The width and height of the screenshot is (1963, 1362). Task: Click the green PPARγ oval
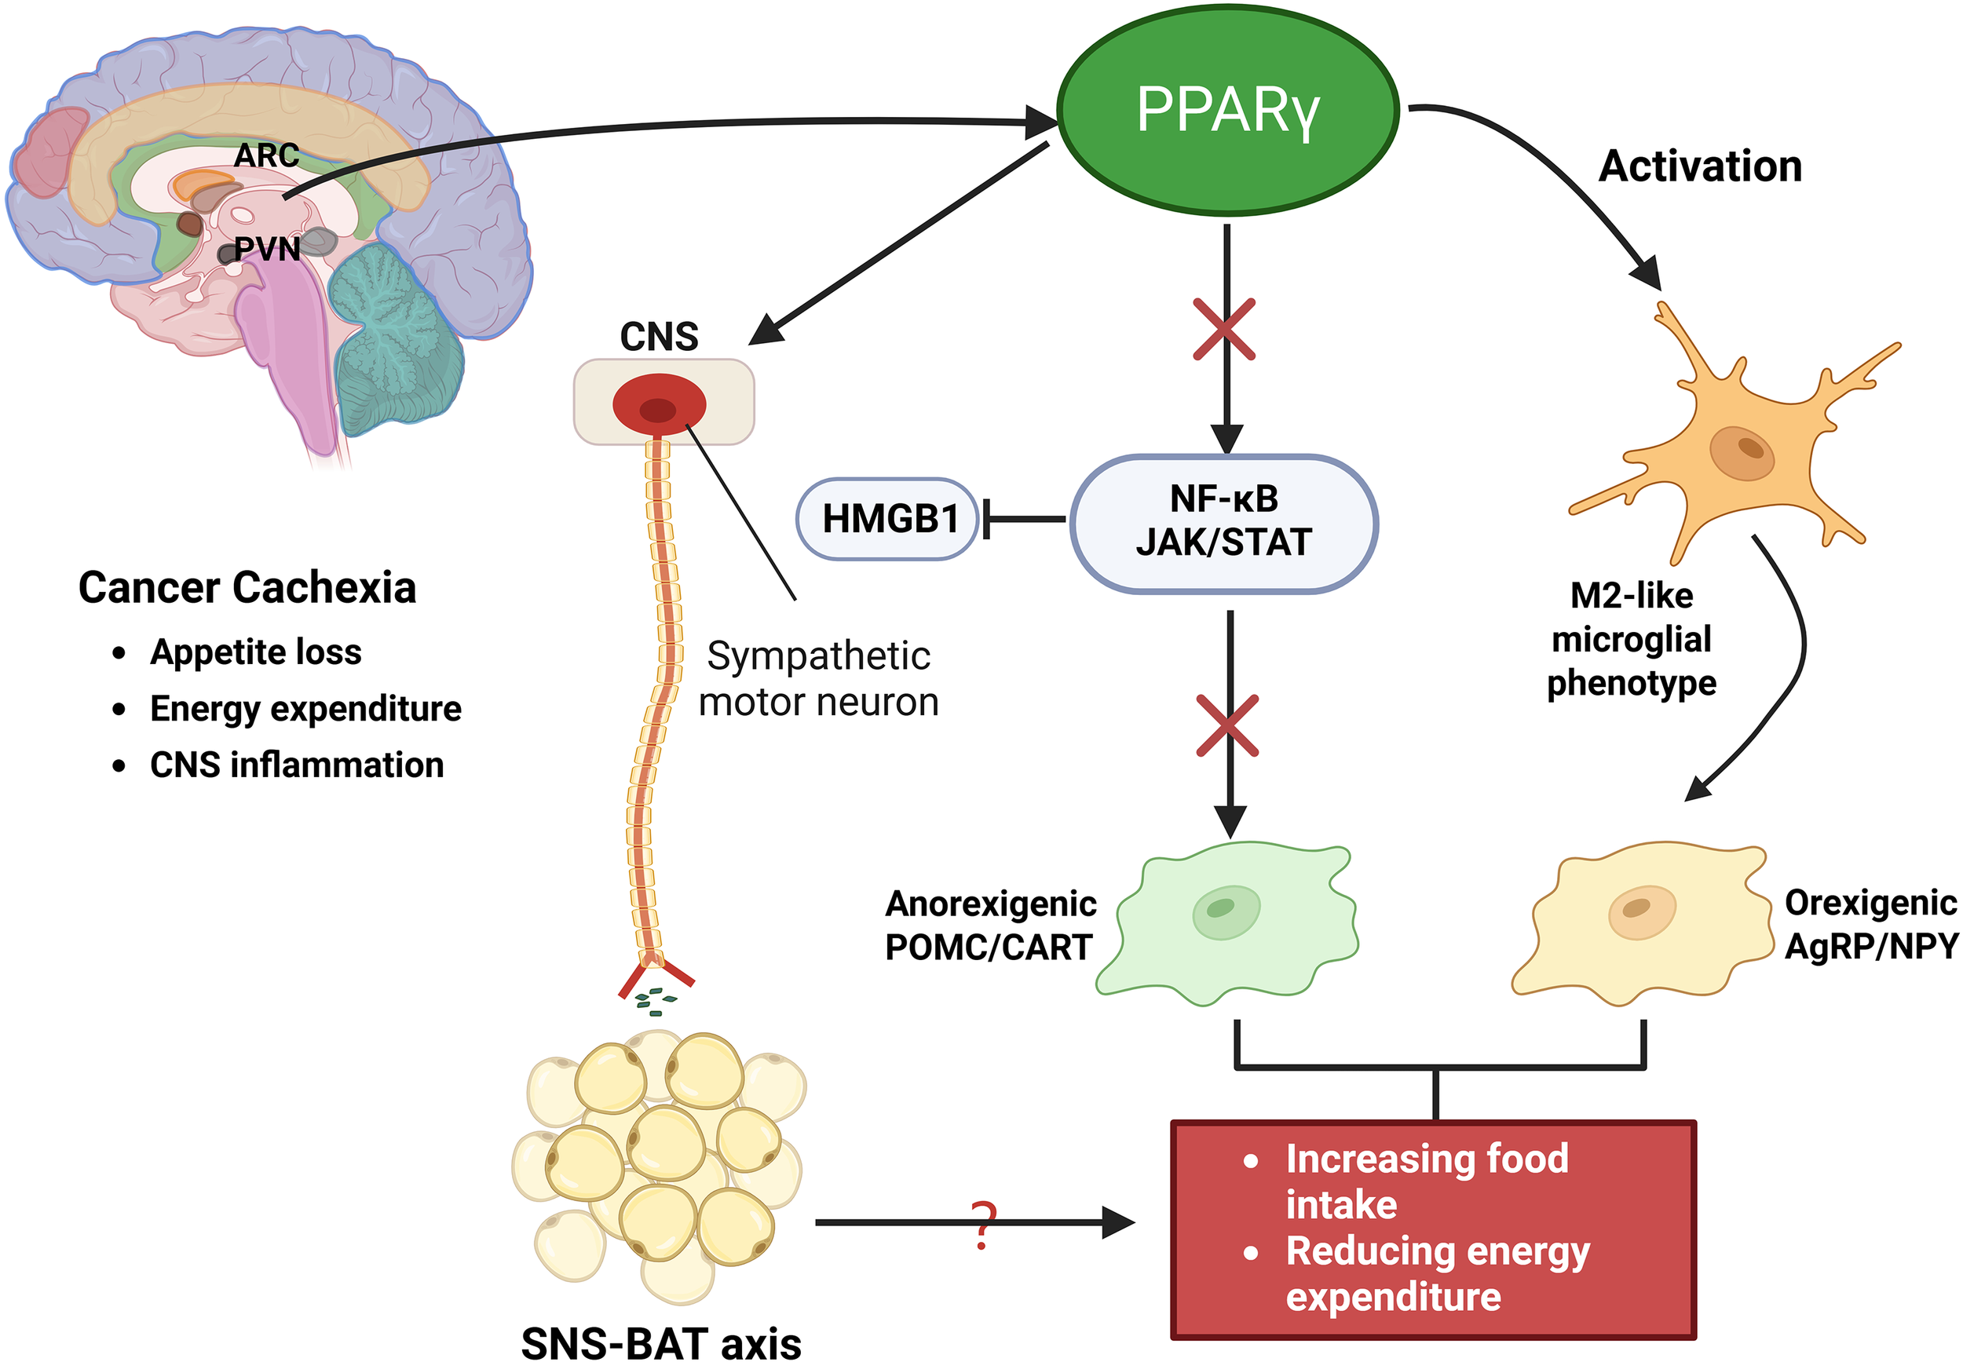(x=1227, y=109)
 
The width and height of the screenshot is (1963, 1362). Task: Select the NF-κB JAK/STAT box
(x=1223, y=522)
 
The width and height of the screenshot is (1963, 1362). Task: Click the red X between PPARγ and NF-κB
(x=1224, y=330)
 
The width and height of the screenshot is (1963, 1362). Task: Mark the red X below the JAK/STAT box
(x=1227, y=725)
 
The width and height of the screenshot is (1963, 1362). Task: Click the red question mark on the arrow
(x=983, y=1225)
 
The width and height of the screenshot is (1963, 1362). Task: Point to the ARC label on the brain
(x=266, y=156)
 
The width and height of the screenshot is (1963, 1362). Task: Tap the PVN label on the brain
(x=267, y=249)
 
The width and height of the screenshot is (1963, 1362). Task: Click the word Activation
(x=1700, y=166)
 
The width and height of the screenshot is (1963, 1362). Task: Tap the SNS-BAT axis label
(x=661, y=1342)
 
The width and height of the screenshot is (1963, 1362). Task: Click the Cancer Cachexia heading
(x=247, y=588)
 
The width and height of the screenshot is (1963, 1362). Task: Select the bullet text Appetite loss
(x=256, y=652)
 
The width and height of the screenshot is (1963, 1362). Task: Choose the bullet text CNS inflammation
(x=297, y=765)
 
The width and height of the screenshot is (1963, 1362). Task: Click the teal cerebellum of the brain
(x=393, y=341)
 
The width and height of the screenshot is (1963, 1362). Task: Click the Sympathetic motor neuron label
(x=817, y=679)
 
